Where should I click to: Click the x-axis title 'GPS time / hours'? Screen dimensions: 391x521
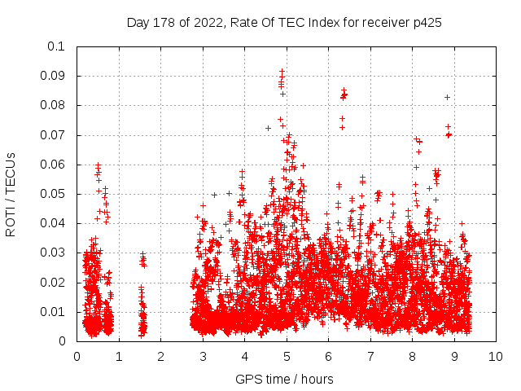[284, 379]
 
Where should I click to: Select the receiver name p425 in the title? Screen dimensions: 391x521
[426, 23]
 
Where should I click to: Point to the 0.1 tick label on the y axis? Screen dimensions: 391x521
[57, 46]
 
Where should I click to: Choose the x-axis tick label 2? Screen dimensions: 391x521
[160, 357]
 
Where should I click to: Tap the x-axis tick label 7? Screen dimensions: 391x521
[370, 357]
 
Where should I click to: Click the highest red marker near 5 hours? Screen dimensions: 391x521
[282, 71]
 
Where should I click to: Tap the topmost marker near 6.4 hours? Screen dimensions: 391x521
[344, 90]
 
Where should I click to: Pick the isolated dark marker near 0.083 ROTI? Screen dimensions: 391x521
[447, 97]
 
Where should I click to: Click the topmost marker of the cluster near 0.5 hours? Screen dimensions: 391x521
[98, 165]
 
